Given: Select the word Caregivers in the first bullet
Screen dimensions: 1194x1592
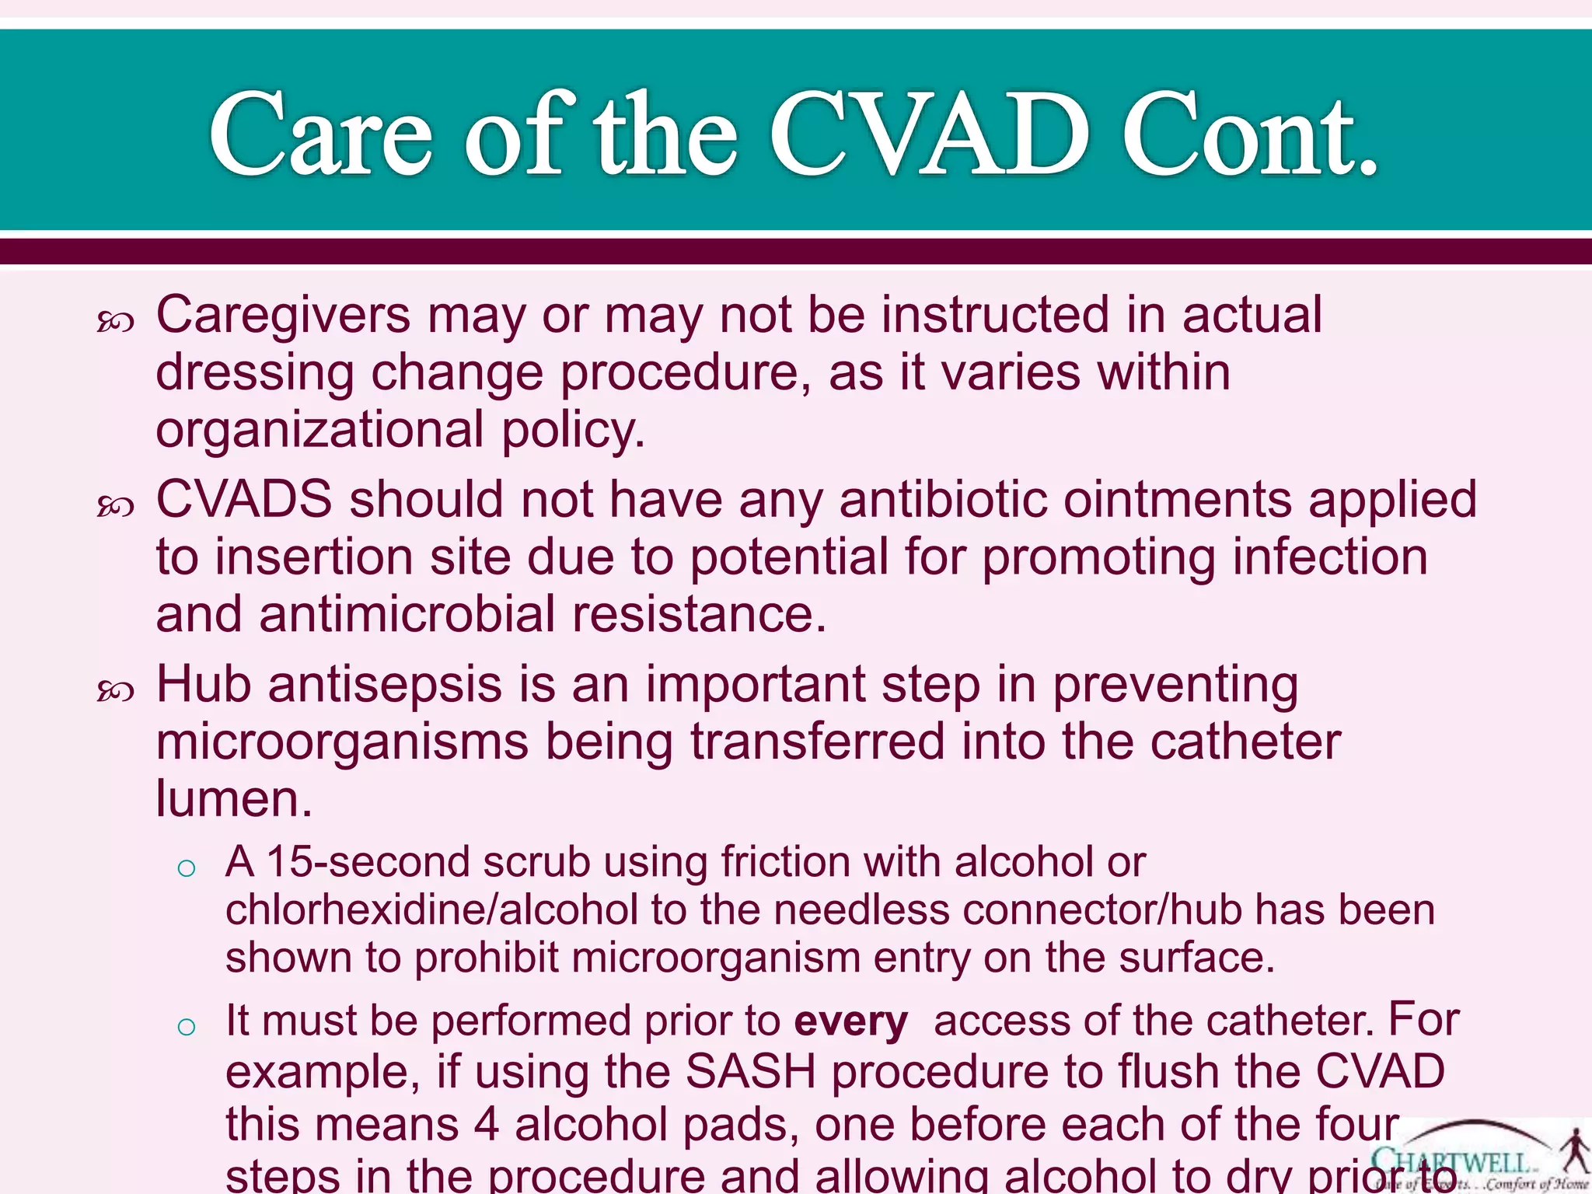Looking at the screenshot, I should coord(283,316).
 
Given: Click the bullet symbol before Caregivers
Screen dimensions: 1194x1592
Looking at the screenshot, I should coord(115,322).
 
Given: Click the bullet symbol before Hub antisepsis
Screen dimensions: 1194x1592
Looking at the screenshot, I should coord(115,690).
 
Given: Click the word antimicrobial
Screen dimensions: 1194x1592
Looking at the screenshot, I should coord(407,614).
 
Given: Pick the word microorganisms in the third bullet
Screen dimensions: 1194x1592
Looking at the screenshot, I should coord(342,742).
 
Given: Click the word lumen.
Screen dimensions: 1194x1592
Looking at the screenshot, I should coord(233,799).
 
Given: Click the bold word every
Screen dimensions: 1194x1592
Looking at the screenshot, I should coord(850,1021).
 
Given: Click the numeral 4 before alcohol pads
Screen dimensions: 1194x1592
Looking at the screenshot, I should coord(487,1125).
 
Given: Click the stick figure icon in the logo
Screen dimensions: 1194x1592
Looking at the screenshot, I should coord(1575,1150).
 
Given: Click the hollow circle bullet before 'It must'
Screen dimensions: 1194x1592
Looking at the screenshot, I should coord(187,1027).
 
